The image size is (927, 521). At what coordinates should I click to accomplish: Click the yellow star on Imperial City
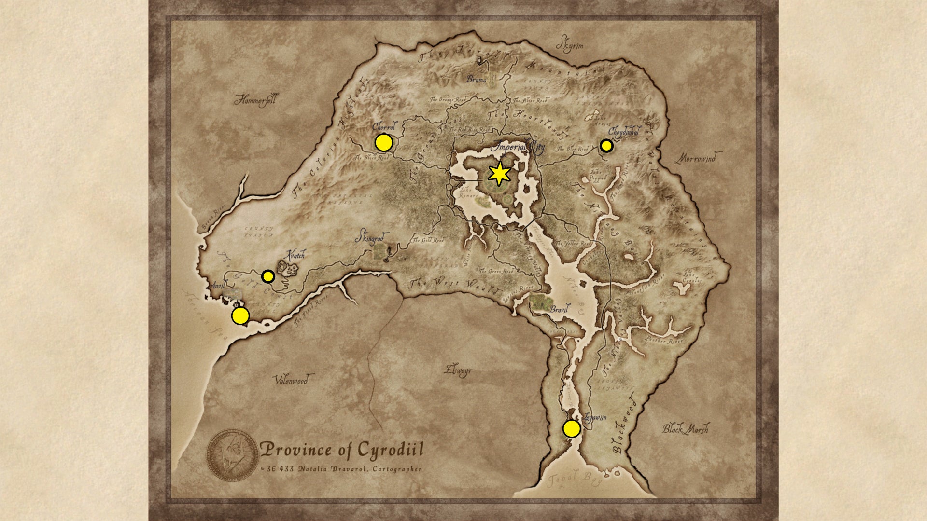point(499,174)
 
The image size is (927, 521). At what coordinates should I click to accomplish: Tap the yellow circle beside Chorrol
point(383,143)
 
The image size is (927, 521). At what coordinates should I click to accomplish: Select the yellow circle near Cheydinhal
point(606,146)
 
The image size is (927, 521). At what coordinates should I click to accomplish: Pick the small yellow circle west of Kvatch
point(268,276)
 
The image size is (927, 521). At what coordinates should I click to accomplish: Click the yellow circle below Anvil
point(240,316)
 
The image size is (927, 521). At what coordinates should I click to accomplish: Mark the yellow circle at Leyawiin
point(572,428)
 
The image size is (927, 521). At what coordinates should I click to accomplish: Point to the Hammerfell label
point(255,100)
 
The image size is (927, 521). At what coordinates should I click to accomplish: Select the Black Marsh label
point(686,428)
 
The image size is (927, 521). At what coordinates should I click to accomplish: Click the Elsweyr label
point(458,370)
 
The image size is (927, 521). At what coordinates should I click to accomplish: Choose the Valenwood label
point(291,380)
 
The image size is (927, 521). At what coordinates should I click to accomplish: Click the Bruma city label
point(476,79)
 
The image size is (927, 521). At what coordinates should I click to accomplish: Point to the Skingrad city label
point(372,238)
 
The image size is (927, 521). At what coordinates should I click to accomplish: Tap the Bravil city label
point(560,309)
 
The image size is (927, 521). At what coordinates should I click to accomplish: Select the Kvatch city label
point(295,255)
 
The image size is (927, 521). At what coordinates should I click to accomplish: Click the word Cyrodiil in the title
point(390,450)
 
